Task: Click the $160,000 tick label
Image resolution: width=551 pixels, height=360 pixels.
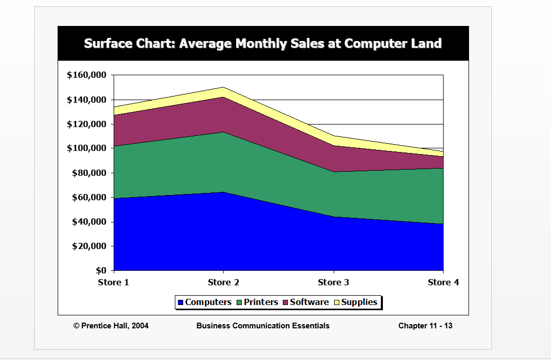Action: pyautogui.click(x=87, y=75)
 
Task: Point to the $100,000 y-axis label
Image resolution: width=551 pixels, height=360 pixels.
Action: pyautogui.click(x=87, y=148)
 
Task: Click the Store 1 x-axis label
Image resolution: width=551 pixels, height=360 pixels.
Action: pyautogui.click(x=113, y=283)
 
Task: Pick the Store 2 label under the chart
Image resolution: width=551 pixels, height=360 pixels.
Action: pyautogui.click(x=223, y=283)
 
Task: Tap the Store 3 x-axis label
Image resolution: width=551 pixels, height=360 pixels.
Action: pyautogui.click(x=333, y=283)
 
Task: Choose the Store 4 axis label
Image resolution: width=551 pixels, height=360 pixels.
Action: pyautogui.click(x=443, y=283)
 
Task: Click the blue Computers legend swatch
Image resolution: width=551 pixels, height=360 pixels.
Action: pyautogui.click(x=181, y=302)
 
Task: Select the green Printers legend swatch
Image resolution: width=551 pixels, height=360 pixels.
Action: pyautogui.click(x=240, y=302)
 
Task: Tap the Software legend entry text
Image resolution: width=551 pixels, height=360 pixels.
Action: pyautogui.click(x=309, y=302)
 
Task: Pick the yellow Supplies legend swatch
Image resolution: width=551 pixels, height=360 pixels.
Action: pyautogui.click(x=336, y=302)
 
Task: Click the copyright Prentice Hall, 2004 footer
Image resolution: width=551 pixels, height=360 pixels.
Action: pyautogui.click(x=111, y=326)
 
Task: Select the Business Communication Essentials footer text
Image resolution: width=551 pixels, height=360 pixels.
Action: pyautogui.click(x=263, y=326)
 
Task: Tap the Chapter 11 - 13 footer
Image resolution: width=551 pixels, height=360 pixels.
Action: pyautogui.click(x=425, y=326)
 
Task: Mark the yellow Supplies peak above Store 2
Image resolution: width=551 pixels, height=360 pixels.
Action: pyautogui.click(x=223, y=91)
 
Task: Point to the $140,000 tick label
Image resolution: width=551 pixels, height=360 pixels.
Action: pyautogui.click(x=87, y=100)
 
